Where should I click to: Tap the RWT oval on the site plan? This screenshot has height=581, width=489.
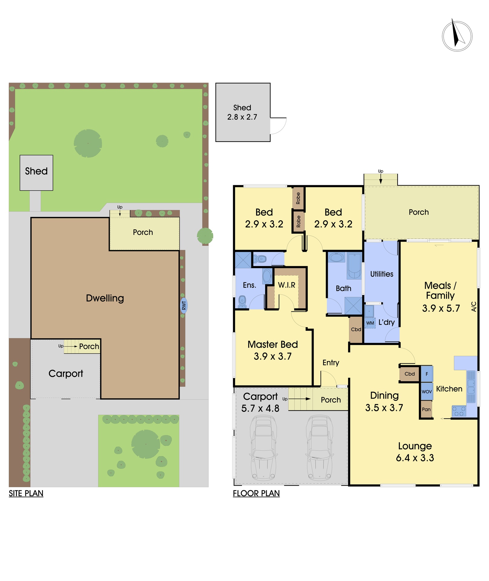point(184,306)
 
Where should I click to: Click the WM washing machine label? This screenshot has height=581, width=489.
point(370,323)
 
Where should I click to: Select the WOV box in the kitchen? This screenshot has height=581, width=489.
point(427,392)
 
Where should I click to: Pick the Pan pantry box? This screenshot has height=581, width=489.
point(426,409)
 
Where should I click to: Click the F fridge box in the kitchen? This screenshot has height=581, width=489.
point(427,374)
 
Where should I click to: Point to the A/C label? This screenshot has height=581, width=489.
point(474,306)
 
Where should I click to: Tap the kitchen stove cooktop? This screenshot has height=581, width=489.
point(459,411)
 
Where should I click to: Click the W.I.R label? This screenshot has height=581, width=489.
point(286,285)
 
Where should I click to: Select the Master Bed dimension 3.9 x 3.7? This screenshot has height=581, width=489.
point(272,356)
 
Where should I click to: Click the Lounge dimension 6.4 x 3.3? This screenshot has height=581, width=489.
point(415,458)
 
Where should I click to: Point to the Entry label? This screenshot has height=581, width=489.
point(331,363)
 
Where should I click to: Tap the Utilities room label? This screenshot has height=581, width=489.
point(382,274)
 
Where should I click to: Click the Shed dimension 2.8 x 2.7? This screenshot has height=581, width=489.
point(242,117)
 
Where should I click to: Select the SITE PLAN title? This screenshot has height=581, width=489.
point(26,494)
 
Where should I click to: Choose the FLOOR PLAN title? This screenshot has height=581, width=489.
point(256,494)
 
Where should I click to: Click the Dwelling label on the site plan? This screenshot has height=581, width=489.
point(105,298)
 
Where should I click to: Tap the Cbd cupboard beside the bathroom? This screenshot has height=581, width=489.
point(356,330)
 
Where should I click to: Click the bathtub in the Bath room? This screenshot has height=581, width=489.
point(354,266)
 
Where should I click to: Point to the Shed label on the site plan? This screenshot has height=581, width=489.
point(36,171)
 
